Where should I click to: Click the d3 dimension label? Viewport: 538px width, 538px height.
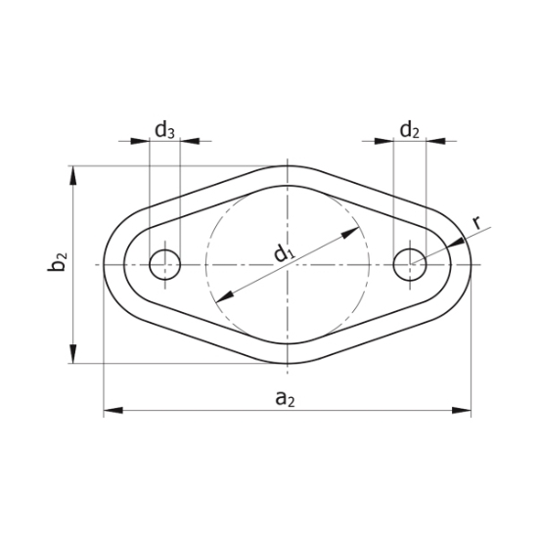(x=164, y=129)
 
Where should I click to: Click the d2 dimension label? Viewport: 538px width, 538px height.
(x=409, y=129)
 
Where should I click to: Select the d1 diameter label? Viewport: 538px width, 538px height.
(x=285, y=254)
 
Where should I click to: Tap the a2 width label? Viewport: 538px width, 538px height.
(x=285, y=397)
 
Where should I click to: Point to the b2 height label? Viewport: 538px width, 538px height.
(x=60, y=263)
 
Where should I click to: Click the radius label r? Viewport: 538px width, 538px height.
(x=477, y=223)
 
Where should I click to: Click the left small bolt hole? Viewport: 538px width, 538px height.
(x=164, y=264)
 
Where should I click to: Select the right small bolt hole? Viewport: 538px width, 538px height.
(x=409, y=264)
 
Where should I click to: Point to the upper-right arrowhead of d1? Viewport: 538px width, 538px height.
(x=351, y=233)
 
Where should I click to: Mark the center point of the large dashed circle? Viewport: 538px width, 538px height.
(x=288, y=264)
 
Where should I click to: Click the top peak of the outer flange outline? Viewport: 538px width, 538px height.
(x=288, y=165)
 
